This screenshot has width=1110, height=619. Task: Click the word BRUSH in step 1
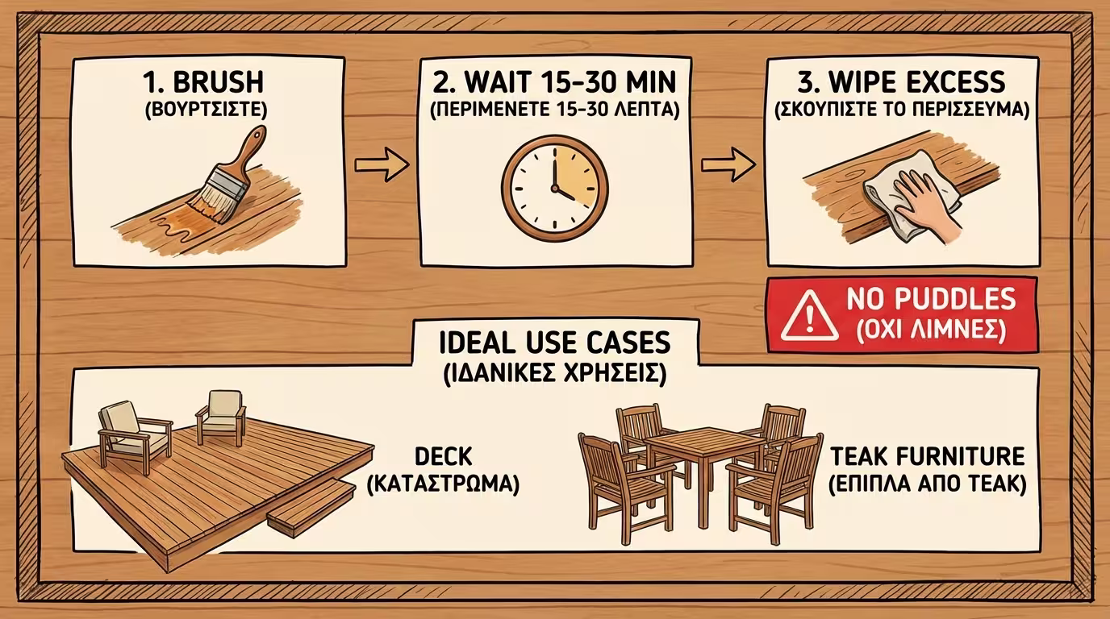pyautogui.click(x=218, y=82)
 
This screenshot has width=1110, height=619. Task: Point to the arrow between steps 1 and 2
pyautogui.click(x=382, y=164)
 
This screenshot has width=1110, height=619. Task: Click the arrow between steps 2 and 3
pyautogui.click(x=728, y=164)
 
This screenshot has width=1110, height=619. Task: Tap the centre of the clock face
pyautogui.click(x=554, y=189)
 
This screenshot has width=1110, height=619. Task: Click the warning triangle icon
pyautogui.click(x=810, y=315)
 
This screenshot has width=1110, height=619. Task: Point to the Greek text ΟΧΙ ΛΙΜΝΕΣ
pyautogui.click(x=932, y=330)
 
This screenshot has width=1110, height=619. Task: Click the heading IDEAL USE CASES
pyautogui.click(x=555, y=343)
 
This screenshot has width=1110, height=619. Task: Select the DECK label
pyautogui.click(x=444, y=456)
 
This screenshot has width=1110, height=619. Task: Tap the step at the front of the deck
pyautogui.click(x=311, y=507)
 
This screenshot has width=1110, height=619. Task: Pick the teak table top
pyautogui.click(x=706, y=440)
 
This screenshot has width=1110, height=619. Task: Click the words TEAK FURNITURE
pyautogui.click(x=927, y=456)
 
